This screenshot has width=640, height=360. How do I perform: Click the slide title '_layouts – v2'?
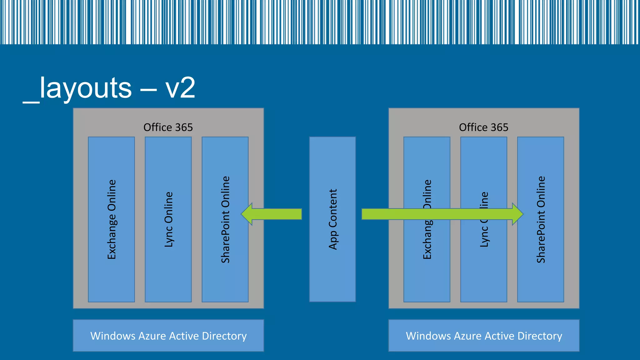[x=109, y=88]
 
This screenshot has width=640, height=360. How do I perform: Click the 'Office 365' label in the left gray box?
[x=168, y=127]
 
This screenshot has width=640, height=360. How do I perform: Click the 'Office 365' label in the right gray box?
[x=483, y=127]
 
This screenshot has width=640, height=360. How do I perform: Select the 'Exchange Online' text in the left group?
[x=112, y=219]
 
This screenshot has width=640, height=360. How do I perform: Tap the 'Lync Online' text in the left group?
[x=168, y=219]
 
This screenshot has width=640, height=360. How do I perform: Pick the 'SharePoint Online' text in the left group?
[x=225, y=219]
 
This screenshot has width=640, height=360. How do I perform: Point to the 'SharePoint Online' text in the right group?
[x=541, y=219]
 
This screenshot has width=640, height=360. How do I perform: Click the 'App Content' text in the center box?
[x=333, y=219]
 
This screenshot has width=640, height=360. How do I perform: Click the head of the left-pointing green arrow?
[x=247, y=214]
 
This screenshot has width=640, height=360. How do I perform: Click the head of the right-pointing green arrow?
[x=517, y=214]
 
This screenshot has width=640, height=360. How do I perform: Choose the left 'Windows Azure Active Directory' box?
[x=168, y=336]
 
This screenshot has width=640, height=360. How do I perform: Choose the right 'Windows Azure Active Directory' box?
[x=484, y=336]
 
